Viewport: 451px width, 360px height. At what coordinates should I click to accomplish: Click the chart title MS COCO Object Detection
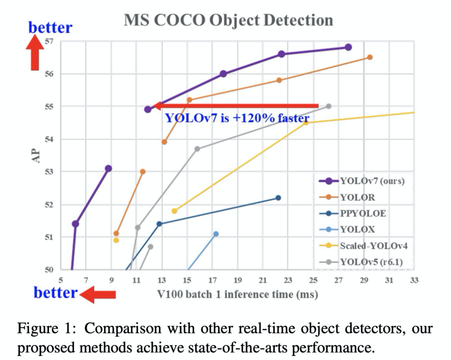pyautogui.click(x=228, y=20)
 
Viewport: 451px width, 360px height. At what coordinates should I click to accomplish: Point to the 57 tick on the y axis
pyautogui.click(x=50, y=41)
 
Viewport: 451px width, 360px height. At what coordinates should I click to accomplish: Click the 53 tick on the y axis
pyautogui.click(x=50, y=171)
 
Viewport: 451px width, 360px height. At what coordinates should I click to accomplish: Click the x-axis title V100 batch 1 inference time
pyautogui.click(x=237, y=294)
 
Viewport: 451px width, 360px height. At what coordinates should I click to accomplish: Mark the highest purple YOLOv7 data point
pyautogui.click(x=348, y=47)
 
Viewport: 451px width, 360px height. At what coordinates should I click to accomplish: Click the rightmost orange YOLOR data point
pyautogui.click(x=370, y=57)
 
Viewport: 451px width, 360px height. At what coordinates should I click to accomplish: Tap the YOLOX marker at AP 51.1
pyautogui.click(x=216, y=234)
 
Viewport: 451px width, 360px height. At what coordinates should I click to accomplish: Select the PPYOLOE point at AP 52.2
pyautogui.click(x=278, y=198)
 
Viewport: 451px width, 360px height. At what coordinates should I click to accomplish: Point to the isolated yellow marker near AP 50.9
pyautogui.click(x=116, y=240)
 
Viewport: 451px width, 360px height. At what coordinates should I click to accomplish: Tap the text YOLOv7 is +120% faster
pyautogui.click(x=237, y=118)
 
